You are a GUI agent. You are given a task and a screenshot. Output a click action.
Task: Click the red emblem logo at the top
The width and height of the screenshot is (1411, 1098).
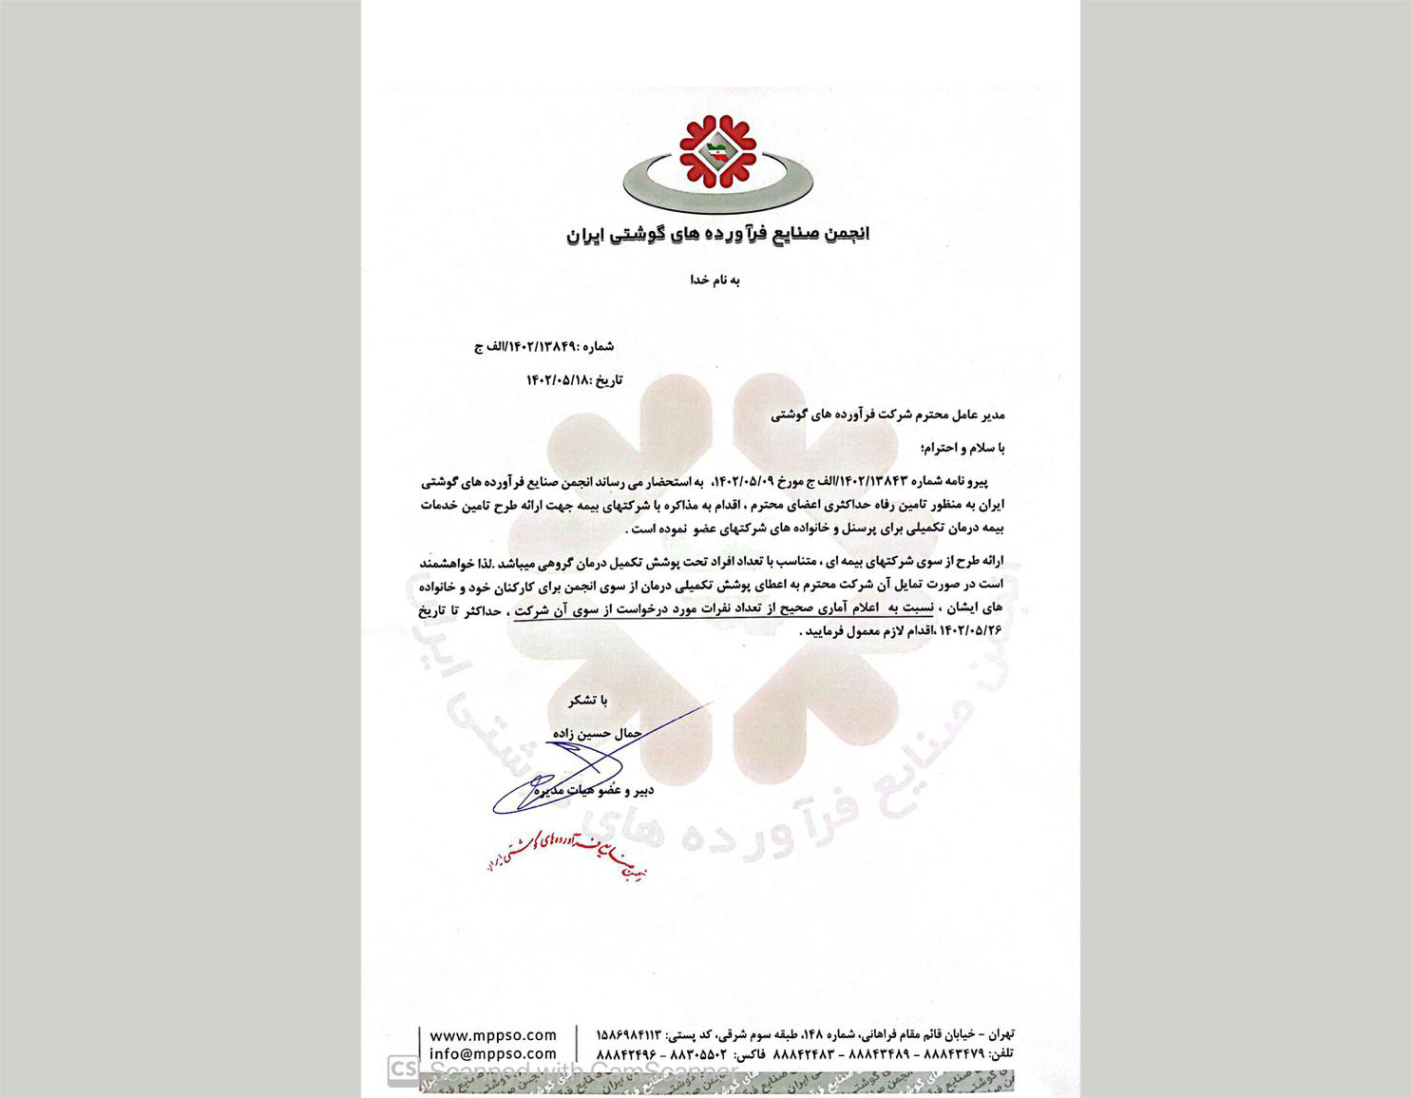click(x=717, y=151)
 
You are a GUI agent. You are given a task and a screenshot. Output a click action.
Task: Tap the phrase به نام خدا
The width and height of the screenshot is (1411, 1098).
click(x=715, y=279)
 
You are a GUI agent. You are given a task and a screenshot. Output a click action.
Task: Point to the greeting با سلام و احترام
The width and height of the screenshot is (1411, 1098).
click(x=963, y=448)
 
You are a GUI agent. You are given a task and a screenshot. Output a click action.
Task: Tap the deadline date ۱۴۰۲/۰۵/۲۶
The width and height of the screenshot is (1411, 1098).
click(x=970, y=630)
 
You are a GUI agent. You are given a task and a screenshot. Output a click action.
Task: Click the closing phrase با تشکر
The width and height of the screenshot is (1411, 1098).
click(x=588, y=701)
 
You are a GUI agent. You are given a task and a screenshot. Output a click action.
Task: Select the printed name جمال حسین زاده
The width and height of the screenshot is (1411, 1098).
click(x=597, y=733)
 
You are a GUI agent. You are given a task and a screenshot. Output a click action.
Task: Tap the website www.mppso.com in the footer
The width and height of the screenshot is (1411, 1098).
click(x=493, y=1035)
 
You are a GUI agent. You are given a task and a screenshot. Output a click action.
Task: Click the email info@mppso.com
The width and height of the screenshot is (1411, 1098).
click(x=493, y=1054)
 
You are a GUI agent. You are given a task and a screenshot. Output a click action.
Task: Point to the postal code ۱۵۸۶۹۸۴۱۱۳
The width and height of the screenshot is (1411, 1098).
click(x=628, y=1034)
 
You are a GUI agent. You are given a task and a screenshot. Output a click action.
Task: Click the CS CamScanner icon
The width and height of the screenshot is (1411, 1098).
click(x=403, y=1069)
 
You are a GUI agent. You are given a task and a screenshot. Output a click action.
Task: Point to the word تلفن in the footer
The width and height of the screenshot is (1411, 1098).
click(x=1001, y=1054)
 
